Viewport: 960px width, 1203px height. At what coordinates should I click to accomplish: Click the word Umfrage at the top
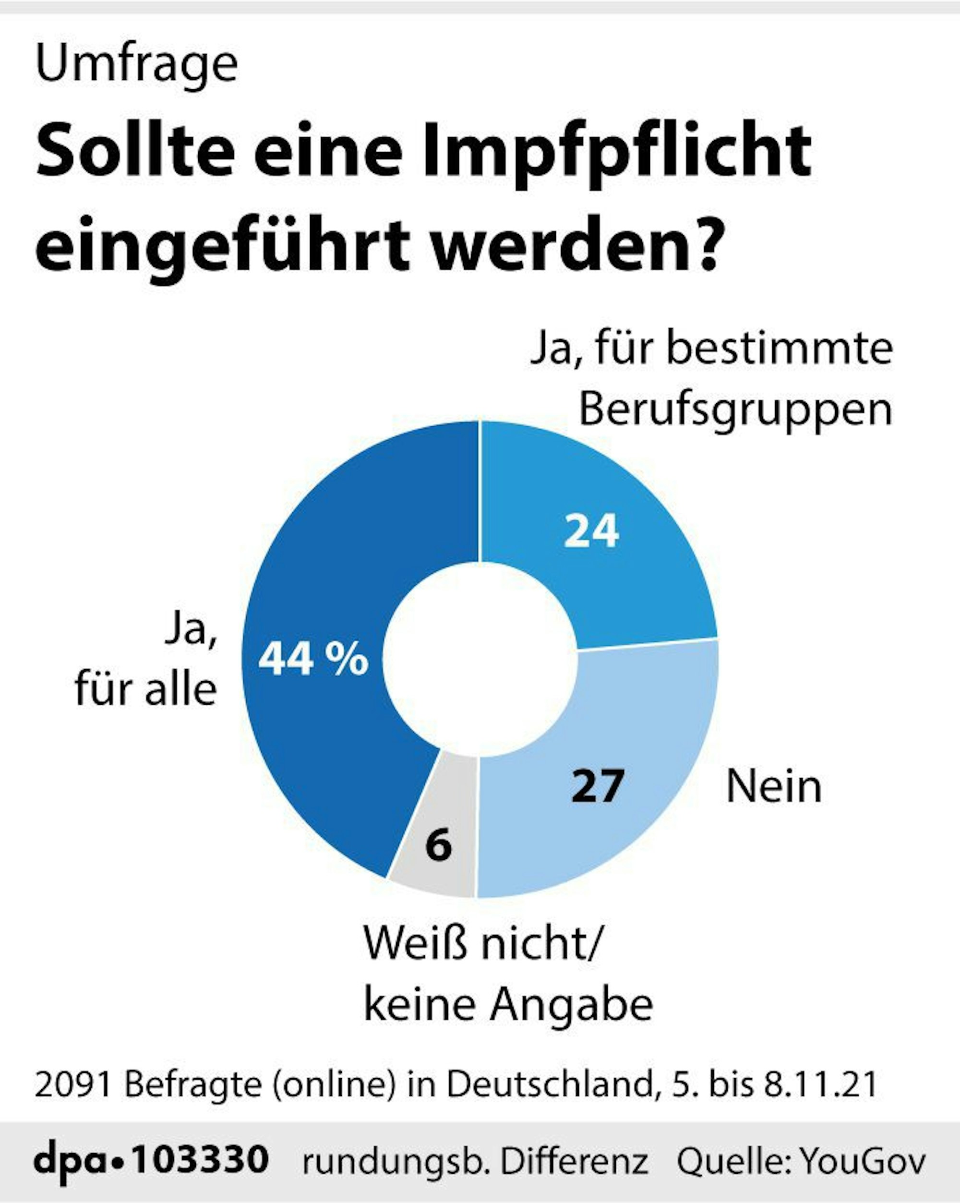click(137, 65)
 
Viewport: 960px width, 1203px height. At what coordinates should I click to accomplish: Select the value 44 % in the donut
click(313, 659)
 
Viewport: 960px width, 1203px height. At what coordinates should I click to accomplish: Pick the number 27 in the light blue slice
click(597, 786)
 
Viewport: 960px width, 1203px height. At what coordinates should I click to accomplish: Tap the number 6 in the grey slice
click(438, 845)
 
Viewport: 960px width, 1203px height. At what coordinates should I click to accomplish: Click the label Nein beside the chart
click(774, 787)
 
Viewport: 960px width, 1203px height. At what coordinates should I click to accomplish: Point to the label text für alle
click(145, 690)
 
